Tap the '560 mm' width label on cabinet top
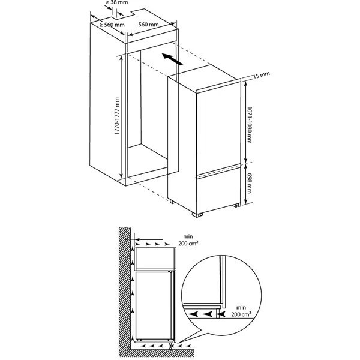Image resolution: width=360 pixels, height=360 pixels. pos(148,25)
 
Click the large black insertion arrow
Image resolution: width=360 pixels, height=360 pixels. pos(173,59)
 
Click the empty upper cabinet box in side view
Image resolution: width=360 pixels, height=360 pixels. pos(155,259)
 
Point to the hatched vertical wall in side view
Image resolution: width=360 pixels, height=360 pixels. pos(124,288)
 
